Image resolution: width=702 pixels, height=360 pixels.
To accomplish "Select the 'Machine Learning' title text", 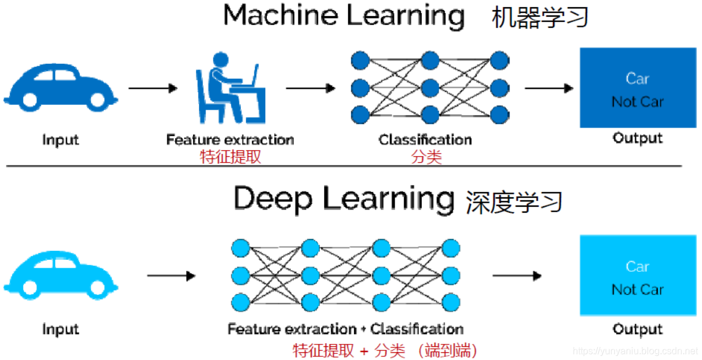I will (x=344, y=15).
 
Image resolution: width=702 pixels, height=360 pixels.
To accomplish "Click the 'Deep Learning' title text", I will (x=344, y=198).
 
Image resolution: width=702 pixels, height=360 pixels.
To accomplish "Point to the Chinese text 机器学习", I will (x=540, y=18).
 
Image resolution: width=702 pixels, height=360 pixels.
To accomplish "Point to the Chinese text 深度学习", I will (x=514, y=201).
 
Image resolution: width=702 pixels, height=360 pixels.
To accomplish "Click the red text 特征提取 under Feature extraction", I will (x=229, y=157).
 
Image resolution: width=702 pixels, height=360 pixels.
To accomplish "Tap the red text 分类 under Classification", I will (x=425, y=157).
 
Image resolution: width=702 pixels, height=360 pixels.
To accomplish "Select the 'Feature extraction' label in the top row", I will (x=229, y=140).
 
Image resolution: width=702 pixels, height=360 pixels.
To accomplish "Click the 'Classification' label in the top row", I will (x=425, y=140).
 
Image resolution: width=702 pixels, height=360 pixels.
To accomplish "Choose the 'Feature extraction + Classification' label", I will (x=345, y=329).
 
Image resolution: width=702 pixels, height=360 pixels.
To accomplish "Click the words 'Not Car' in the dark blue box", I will (x=637, y=102).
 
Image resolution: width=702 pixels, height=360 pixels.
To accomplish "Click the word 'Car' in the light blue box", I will (x=637, y=266).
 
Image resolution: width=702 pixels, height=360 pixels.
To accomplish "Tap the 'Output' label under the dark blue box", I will (x=637, y=138).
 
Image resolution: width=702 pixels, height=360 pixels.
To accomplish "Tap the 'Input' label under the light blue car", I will (x=60, y=329).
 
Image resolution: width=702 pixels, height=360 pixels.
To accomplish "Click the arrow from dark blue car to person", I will (x=153, y=88).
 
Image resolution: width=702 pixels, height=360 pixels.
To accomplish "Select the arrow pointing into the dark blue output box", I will (x=549, y=88).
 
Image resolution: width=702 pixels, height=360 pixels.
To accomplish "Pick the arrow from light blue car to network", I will (x=171, y=276).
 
